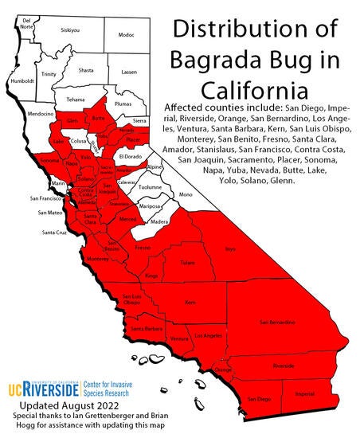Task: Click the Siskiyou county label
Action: click(69, 29)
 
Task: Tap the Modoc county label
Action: click(126, 35)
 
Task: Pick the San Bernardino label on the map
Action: click(272, 322)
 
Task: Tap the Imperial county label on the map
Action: click(303, 393)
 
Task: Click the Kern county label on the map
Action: click(190, 303)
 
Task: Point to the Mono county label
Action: click(185, 194)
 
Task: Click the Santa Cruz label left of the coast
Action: click(54, 232)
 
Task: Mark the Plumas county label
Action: click(123, 104)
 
